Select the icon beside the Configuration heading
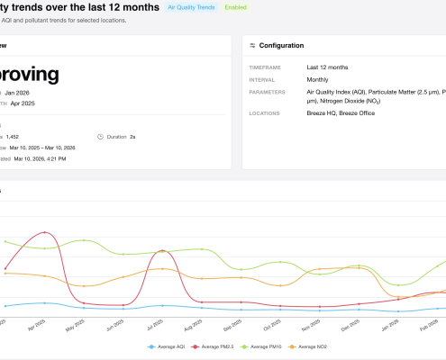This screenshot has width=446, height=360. pos(253,45)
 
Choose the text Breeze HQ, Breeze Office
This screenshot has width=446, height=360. pos(341,114)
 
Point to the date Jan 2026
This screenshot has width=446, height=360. pos(41,93)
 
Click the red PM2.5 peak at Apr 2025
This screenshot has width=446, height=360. pos(42,232)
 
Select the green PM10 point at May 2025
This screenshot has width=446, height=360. pos(83,240)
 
